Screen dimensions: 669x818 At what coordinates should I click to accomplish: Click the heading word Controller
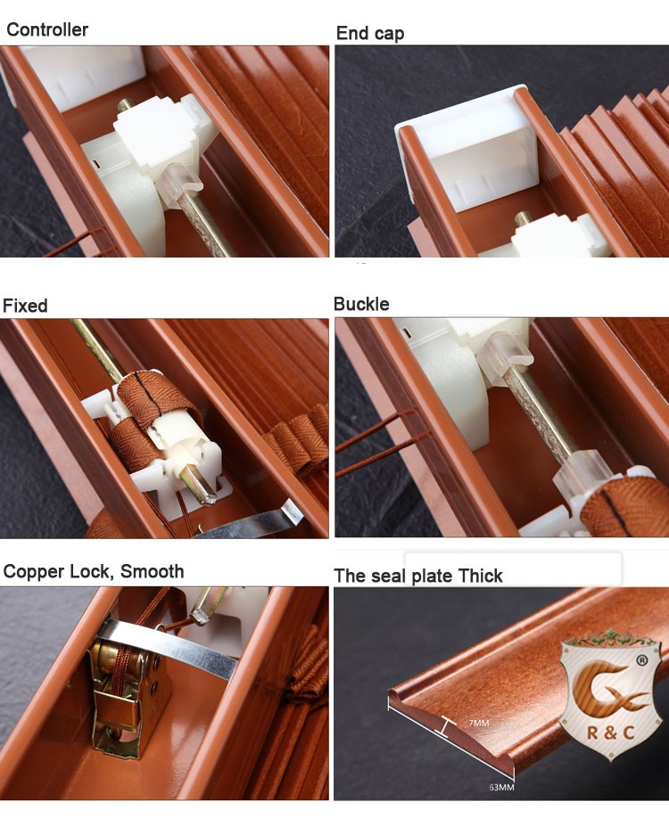[47, 29]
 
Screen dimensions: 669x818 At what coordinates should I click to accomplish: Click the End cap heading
[370, 33]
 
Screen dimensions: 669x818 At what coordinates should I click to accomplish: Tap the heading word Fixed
[25, 305]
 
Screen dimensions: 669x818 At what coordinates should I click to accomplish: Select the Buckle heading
[361, 304]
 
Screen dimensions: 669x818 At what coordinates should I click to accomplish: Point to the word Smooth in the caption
[152, 571]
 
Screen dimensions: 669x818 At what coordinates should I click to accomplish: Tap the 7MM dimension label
[478, 723]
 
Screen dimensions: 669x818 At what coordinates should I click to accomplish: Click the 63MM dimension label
[501, 787]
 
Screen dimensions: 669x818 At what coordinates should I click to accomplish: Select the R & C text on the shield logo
[610, 732]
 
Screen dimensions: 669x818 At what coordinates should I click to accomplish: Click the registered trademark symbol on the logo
[642, 660]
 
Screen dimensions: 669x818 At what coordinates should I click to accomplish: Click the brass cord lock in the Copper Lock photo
[127, 694]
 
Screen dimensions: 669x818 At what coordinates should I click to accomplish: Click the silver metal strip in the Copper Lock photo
[172, 646]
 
